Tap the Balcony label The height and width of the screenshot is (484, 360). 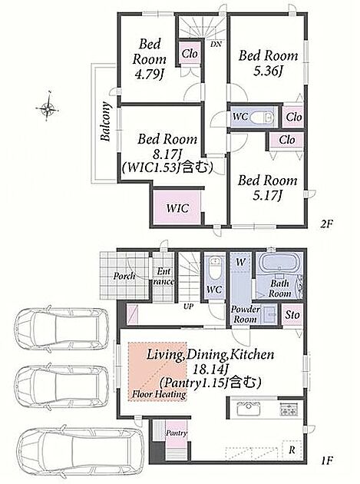click(105, 121)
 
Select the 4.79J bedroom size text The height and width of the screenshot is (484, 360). click(150, 74)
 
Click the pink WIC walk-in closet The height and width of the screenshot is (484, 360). click(177, 207)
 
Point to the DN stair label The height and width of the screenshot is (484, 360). click(216, 44)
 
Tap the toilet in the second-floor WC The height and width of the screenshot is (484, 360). click(262, 118)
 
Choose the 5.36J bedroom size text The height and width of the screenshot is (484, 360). click(268, 71)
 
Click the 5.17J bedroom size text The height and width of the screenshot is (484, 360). click(267, 196)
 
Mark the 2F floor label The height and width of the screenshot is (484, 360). click(327, 223)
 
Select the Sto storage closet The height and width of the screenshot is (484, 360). click(292, 314)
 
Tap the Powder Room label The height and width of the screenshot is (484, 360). click(245, 314)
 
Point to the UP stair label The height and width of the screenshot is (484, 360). click(189, 307)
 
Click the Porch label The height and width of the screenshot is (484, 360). click(124, 276)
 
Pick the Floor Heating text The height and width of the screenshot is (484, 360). click(159, 394)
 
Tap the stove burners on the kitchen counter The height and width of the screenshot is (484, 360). click(289, 409)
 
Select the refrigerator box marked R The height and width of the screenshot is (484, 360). click(292, 450)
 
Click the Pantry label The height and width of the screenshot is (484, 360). click(177, 433)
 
